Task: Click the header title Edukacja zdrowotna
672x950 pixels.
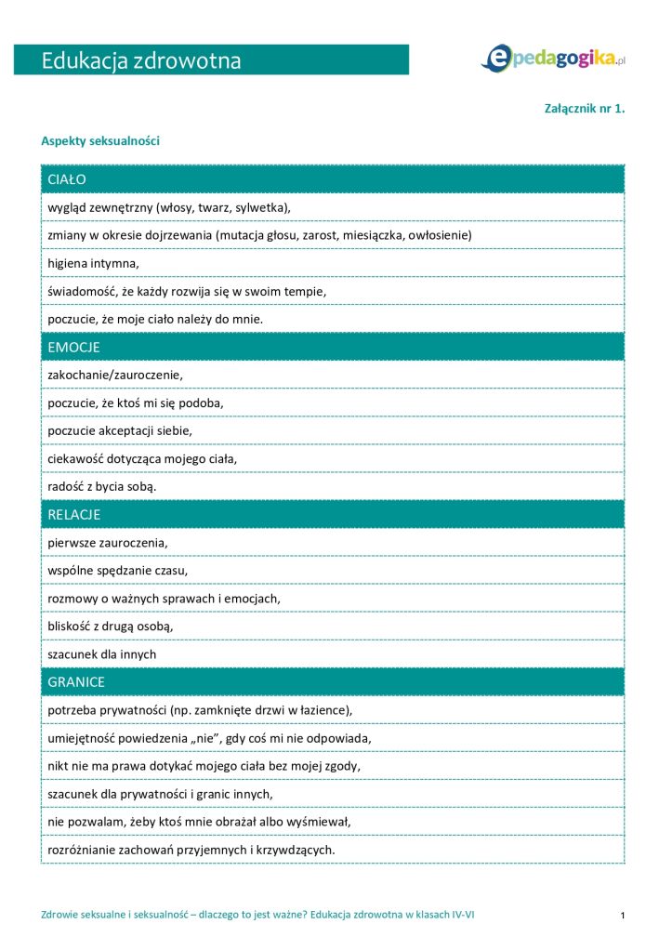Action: [141, 61]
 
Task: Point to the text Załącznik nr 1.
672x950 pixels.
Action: [584, 108]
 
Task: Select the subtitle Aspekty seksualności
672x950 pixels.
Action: [100, 141]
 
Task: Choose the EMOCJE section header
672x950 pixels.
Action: [73, 347]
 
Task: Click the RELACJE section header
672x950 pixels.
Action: [73, 514]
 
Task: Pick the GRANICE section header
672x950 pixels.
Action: [76, 681]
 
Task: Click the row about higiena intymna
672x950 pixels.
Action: [92, 263]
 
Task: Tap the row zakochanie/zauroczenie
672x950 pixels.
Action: [116, 375]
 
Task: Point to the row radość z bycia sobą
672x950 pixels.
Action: [102, 486]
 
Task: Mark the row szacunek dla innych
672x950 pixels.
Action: [101, 653]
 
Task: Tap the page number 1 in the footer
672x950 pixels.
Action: [622, 916]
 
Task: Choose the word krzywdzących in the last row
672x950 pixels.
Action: [295, 850]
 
